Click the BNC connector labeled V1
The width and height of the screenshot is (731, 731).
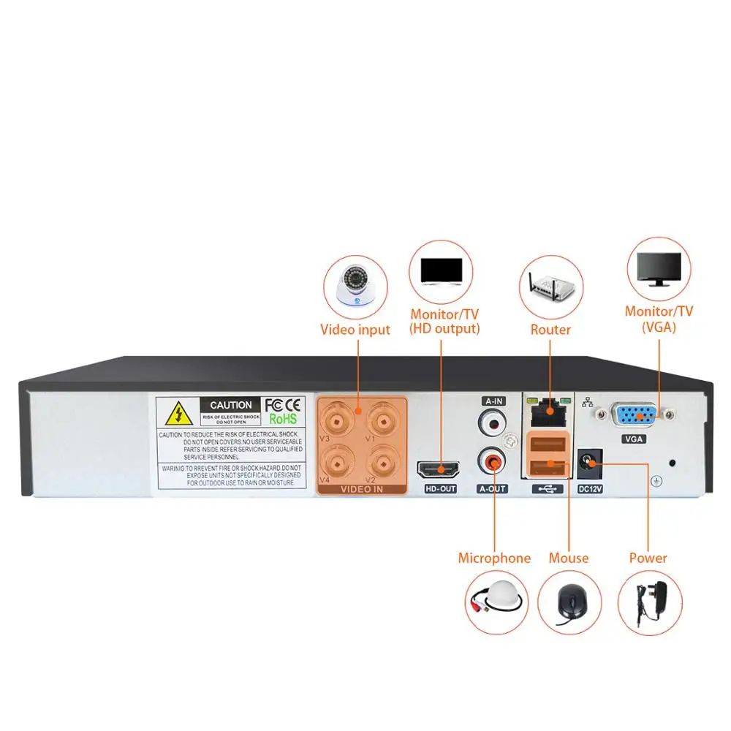click(382, 422)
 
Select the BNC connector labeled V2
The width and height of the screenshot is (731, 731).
click(382, 462)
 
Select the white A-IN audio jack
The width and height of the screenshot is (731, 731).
click(492, 423)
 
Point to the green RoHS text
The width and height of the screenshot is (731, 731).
click(283, 419)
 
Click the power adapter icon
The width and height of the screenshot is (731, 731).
click(651, 603)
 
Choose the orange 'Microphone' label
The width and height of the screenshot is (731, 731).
click(494, 558)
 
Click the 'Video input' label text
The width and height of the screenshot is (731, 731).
click(355, 330)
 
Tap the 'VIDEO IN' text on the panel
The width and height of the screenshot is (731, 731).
click(362, 489)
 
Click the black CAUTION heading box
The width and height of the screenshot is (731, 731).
click(230, 405)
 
